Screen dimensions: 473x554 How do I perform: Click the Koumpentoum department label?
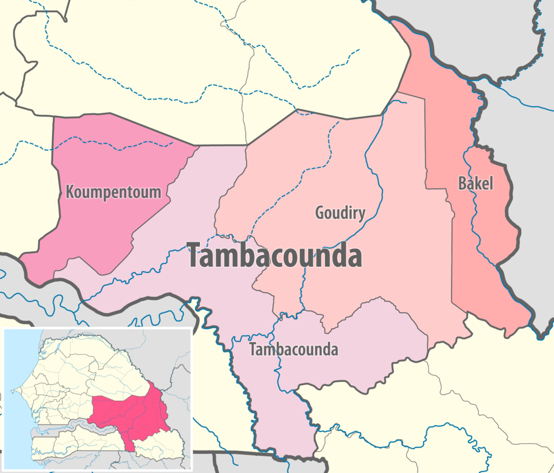pyautogui.click(x=113, y=192)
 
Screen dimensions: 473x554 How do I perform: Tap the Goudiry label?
pyautogui.click(x=340, y=213)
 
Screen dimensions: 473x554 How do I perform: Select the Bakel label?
pyautogui.click(x=475, y=184)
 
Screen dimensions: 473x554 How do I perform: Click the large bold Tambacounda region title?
pyautogui.click(x=275, y=256)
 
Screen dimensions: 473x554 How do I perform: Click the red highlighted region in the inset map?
pyautogui.click(x=130, y=413)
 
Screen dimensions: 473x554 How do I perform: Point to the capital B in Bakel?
pyautogui.click(x=462, y=184)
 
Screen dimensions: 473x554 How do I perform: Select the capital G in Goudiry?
pyautogui.click(x=319, y=213)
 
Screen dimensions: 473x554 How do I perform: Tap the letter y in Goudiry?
pyautogui.click(x=362, y=215)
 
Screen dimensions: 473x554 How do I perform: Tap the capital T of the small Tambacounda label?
pyautogui.click(x=252, y=349)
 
